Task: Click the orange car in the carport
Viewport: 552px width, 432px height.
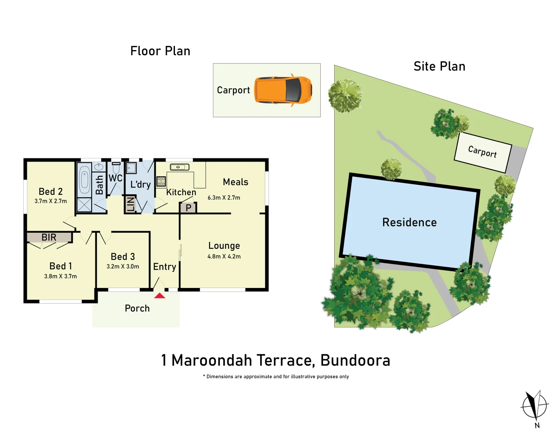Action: coord(283,90)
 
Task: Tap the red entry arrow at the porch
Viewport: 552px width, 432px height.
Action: coord(160,296)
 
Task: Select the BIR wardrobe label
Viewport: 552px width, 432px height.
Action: coord(49,237)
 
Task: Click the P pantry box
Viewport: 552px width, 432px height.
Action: coord(188,208)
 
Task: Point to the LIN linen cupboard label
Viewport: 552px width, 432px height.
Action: coord(130,204)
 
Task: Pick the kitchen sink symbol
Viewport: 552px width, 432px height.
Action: coord(180,167)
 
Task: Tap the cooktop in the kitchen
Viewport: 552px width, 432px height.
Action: coord(161,181)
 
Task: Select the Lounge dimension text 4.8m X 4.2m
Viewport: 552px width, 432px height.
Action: coord(224,256)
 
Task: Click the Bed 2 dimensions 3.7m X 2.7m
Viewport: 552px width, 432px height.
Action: coord(50,201)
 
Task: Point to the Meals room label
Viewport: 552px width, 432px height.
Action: coord(235,182)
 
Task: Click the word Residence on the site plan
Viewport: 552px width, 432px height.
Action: coord(409,222)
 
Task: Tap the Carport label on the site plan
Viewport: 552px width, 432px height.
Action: coord(482,152)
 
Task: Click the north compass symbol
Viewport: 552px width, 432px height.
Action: coord(534,405)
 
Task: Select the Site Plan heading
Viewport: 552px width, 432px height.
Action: coord(439,66)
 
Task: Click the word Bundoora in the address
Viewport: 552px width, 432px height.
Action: coord(355,360)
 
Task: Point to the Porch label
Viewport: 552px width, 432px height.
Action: coord(137,308)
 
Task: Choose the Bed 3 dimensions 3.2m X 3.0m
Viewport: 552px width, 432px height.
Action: coord(122,266)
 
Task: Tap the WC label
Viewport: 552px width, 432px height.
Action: coord(115,178)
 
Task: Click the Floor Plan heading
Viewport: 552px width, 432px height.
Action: coord(160,51)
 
